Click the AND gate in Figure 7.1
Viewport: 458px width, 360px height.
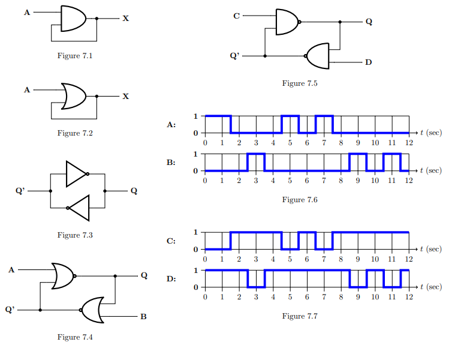pos(73,19)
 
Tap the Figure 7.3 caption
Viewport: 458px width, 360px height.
pos(75,235)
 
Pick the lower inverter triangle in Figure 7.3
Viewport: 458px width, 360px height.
pos(79,208)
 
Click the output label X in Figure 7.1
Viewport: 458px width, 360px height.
pos(125,19)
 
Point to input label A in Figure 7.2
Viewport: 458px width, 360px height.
pos(26,90)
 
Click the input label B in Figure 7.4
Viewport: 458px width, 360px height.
pos(143,316)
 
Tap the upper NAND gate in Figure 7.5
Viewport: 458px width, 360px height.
pos(287,22)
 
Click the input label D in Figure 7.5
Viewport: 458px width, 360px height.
pos(368,62)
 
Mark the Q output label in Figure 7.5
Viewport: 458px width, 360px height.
pos(368,22)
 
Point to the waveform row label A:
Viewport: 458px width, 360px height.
pos(171,125)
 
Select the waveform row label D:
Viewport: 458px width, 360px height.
pos(171,279)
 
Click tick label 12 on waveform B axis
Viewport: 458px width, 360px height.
pos(409,181)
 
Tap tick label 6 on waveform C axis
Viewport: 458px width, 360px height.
pos(307,259)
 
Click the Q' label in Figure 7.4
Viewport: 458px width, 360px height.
pos(10,310)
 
